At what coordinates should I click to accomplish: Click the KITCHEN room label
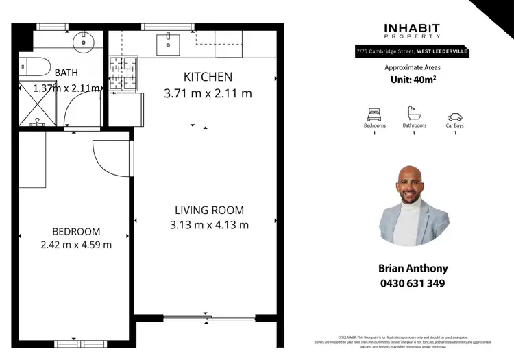pyautogui.click(x=208, y=77)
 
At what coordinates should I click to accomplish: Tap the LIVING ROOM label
pyautogui.click(x=209, y=210)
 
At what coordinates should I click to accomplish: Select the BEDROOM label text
pyautogui.click(x=76, y=232)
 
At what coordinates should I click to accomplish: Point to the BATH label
pyautogui.click(x=66, y=73)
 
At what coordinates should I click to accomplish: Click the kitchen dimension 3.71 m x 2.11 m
pyautogui.click(x=208, y=93)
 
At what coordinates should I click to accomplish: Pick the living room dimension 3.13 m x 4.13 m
pyautogui.click(x=209, y=224)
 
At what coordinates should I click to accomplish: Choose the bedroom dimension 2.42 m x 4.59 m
pyautogui.click(x=76, y=245)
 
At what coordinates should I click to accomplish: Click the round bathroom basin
pyautogui.click(x=84, y=43)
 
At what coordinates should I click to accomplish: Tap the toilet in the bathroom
pyautogui.click(x=36, y=67)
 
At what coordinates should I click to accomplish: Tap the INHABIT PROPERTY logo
pyautogui.click(x=412, y=31)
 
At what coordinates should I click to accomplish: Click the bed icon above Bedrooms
pyautogui.click(x=374, y=115)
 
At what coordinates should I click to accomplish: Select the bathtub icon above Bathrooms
pyautogui.click(x=414, y=113)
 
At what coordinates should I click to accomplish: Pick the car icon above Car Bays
pyautogui.click(x=454, y=117)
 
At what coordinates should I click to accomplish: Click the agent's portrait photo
pyautogui.click(x=414, y=205)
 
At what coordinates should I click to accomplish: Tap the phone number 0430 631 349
pyautogui.click(x=413, y=283)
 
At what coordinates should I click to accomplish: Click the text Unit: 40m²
pyautogui.click(x=413, y=80)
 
